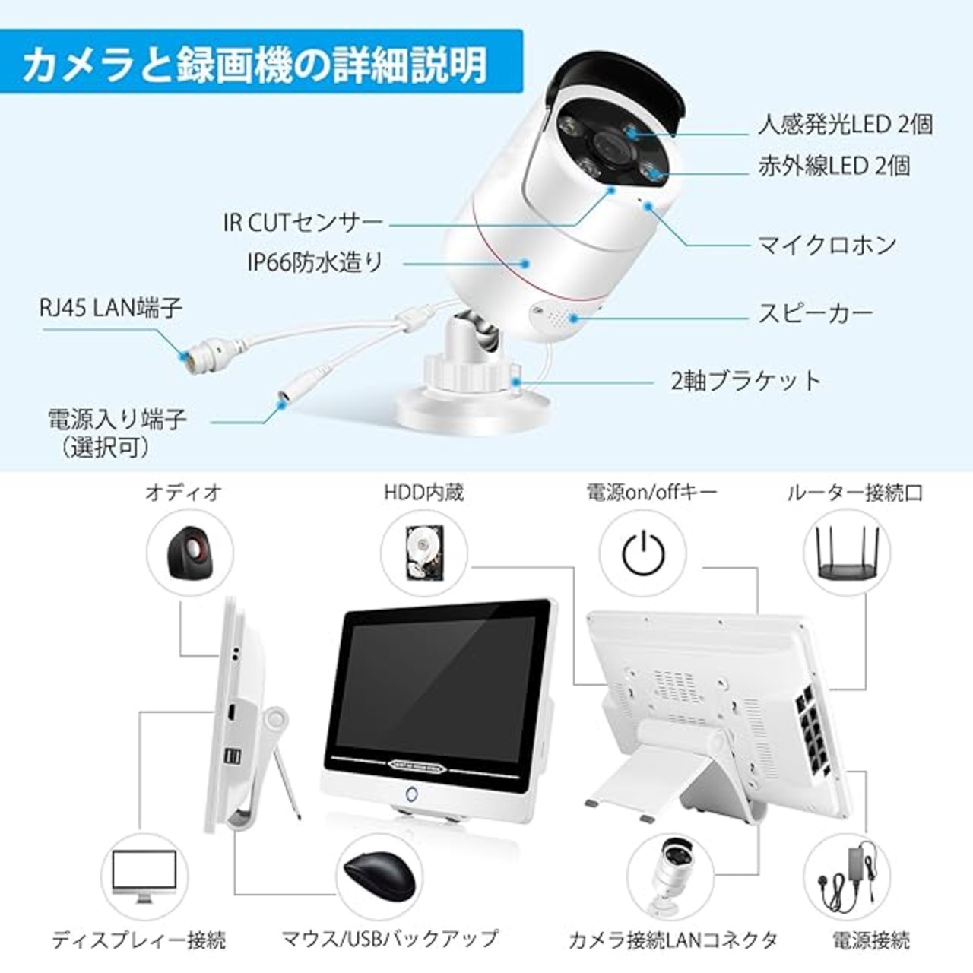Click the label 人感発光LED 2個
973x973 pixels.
845,125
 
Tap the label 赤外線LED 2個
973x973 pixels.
834,166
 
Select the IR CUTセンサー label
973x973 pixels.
303,222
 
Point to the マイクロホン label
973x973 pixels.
827,246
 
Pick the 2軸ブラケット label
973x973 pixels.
746,381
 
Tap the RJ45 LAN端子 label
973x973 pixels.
110,308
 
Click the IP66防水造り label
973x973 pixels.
315,262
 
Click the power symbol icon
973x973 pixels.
643,553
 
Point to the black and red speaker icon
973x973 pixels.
190,553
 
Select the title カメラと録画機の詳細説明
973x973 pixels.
255,65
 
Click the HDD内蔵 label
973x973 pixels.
424,493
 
